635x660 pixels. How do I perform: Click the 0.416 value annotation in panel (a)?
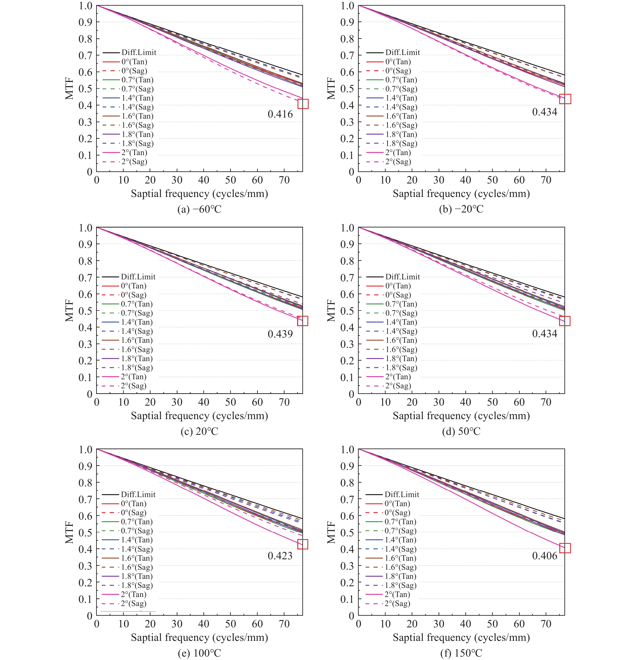click(280, 114)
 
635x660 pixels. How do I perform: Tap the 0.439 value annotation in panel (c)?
click(280, 334)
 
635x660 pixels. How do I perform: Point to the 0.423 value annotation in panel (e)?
click(280, 556)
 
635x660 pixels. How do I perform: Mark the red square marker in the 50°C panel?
click(565, 321)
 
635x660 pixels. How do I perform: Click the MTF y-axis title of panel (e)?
click(69, 532)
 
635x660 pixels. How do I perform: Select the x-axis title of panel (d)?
click(461, 416)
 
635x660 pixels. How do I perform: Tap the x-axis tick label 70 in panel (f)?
click(546, 624)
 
